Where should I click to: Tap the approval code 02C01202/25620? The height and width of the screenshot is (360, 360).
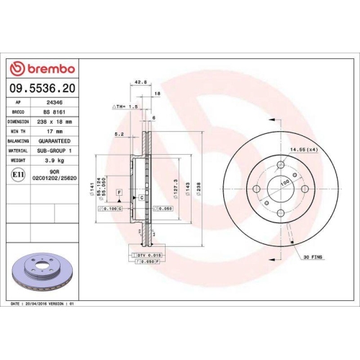(55, 181)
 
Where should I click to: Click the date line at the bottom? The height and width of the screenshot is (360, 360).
(43, 305)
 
